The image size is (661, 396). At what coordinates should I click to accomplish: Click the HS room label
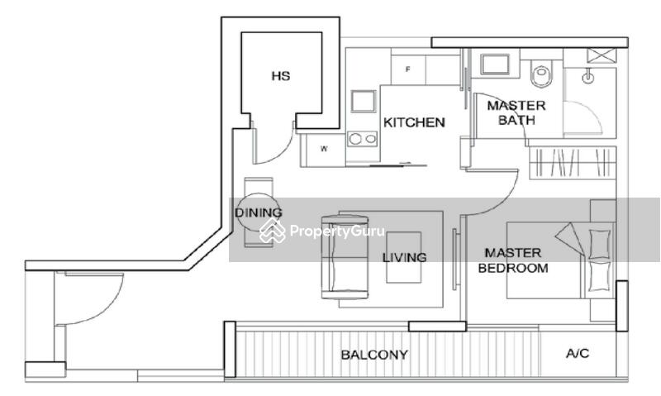281,76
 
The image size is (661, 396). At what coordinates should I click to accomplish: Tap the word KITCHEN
414,122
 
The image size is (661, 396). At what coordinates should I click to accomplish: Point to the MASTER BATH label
516,112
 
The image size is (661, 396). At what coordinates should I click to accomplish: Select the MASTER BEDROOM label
513,260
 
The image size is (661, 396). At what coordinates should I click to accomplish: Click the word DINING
258,212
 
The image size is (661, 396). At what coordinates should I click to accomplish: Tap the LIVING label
404,257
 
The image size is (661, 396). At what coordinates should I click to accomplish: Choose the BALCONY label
374,355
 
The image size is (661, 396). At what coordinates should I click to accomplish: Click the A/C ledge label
577,353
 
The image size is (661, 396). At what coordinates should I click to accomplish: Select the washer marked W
324,149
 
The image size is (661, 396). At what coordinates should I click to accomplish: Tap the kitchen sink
364,101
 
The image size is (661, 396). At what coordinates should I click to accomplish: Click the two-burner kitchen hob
362,138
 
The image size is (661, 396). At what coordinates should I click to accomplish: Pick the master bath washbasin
494,64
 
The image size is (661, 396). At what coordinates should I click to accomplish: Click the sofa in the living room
345,257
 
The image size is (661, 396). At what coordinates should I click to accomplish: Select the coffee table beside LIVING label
404,257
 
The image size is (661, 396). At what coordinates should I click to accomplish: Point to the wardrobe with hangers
572,163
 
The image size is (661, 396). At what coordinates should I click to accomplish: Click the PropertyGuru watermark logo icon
273,231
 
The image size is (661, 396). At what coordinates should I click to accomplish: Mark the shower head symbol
587,77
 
